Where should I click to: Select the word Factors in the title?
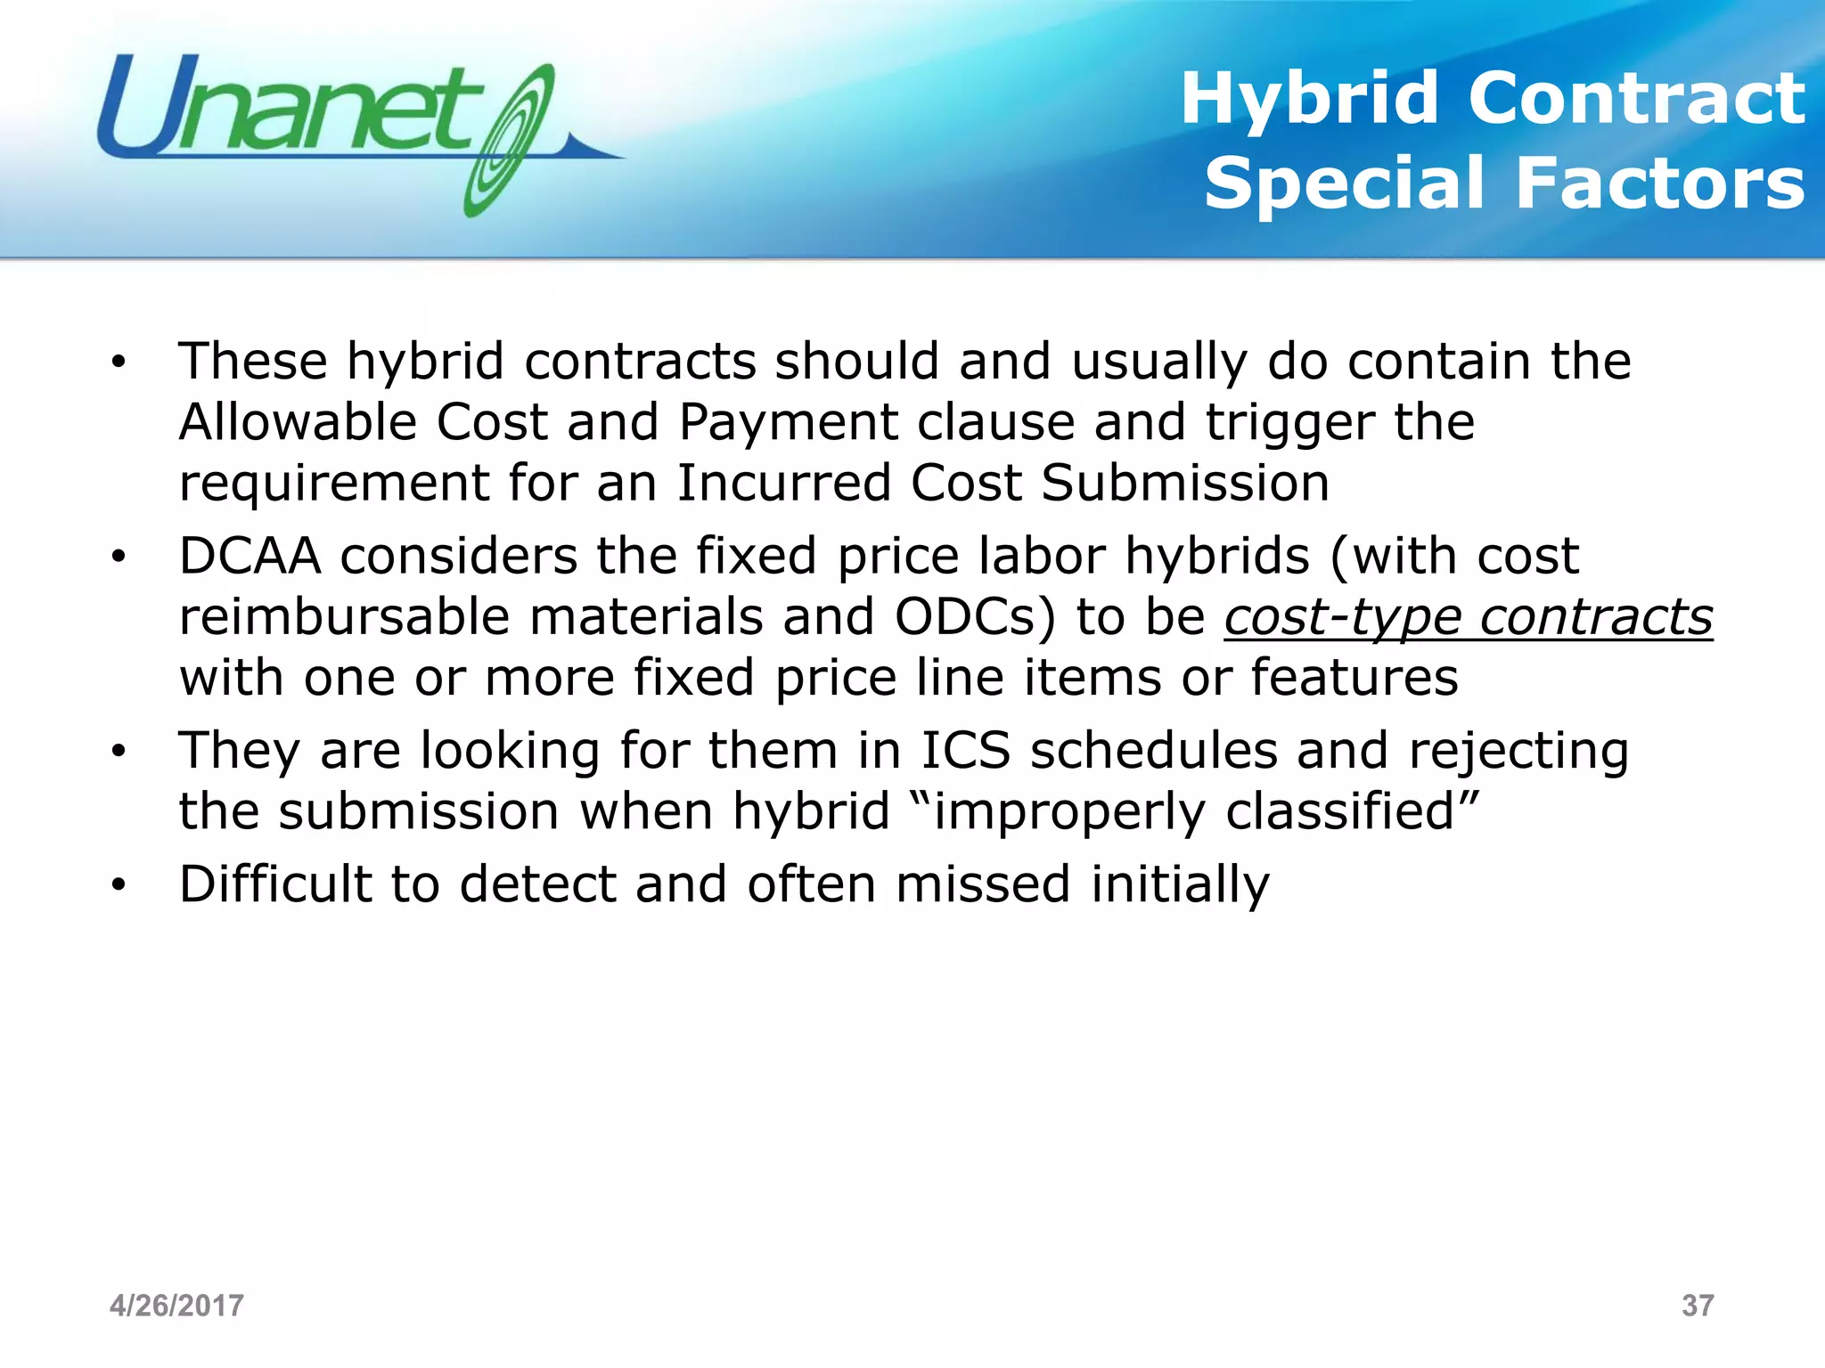(x=1660, y=183)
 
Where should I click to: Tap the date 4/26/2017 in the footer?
(x=176, y=1306)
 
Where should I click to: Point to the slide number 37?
(x=1697, y=1306)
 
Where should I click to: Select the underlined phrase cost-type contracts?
(x=1468, y=616)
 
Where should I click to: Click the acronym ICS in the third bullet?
(x=965, y=750)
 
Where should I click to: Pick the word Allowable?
(x=298, y=421)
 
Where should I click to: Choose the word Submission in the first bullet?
(x=1185, y=483)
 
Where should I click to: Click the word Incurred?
(x=783, y=483)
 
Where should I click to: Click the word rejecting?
(x=1518, y=752)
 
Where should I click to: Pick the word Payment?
(x=788, y=423)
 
